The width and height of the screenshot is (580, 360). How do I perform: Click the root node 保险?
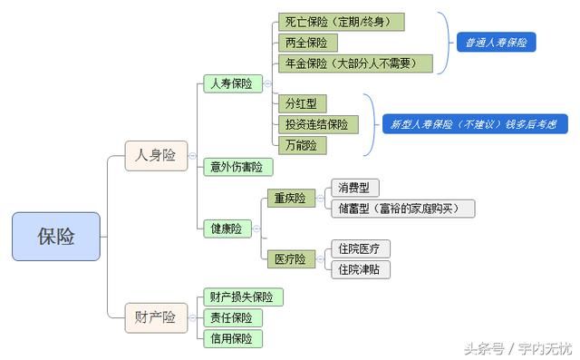(55, 237)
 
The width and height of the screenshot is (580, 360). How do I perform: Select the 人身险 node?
(155, 155)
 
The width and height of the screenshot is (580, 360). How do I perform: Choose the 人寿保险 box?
(231, 83)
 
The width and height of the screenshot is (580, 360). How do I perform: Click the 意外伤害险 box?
(237, 166)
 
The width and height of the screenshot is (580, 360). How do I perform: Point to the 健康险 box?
(227, 229)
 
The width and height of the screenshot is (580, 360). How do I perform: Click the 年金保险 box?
(354, 63)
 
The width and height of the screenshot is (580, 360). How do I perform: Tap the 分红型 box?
(303, 103)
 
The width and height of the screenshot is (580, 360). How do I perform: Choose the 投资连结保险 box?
(316, 124)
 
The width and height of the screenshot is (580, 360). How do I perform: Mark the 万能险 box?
(301, 145)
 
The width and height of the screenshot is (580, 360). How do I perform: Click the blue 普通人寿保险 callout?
(496, 43)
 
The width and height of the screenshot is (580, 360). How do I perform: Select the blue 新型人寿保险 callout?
(472, 124)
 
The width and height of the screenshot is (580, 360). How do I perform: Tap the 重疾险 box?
(290, 198)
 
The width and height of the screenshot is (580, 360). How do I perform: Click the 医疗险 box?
(290, 259)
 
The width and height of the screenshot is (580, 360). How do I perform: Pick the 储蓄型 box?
(401, 209)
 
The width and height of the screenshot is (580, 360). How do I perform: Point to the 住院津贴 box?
(360, 269)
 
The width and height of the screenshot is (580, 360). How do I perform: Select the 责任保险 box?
(232, 317)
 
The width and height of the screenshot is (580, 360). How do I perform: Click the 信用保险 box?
(232, 338)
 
